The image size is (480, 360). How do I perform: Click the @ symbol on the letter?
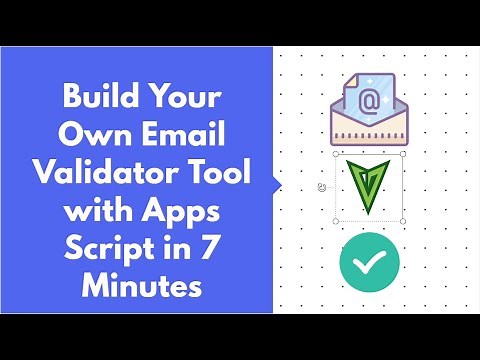point(368,100)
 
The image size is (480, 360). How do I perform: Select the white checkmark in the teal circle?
point(369,261)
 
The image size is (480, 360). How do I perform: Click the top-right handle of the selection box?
point(403,155)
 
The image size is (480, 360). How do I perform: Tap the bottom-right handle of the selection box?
point(403,220)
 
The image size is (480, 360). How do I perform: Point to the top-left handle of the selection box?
point(336,155)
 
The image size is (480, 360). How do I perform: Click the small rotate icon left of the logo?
point(321,187)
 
